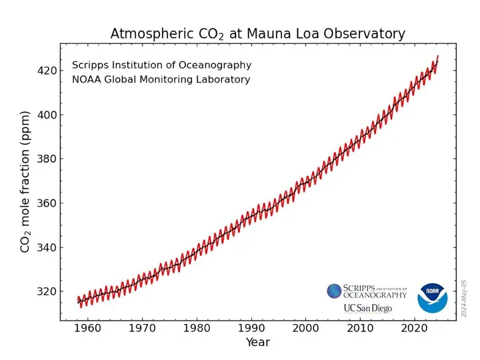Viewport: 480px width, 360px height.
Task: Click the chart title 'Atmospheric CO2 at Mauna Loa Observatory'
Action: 257,33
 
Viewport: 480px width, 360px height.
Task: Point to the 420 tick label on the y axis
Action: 47,70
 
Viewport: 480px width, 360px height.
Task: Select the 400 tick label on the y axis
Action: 47,115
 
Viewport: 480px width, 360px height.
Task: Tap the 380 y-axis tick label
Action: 47,159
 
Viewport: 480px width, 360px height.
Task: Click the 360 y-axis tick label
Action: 47,203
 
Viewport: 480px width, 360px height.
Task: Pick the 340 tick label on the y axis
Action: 47,247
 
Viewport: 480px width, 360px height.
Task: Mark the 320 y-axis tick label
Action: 47,292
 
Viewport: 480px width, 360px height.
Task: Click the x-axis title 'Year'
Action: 257,343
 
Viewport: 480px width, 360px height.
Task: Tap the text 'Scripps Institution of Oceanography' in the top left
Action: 161,65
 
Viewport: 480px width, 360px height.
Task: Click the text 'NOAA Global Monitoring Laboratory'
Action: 161,80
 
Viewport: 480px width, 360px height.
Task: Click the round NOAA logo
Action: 433,297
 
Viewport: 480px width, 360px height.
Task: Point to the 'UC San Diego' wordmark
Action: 367,309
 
